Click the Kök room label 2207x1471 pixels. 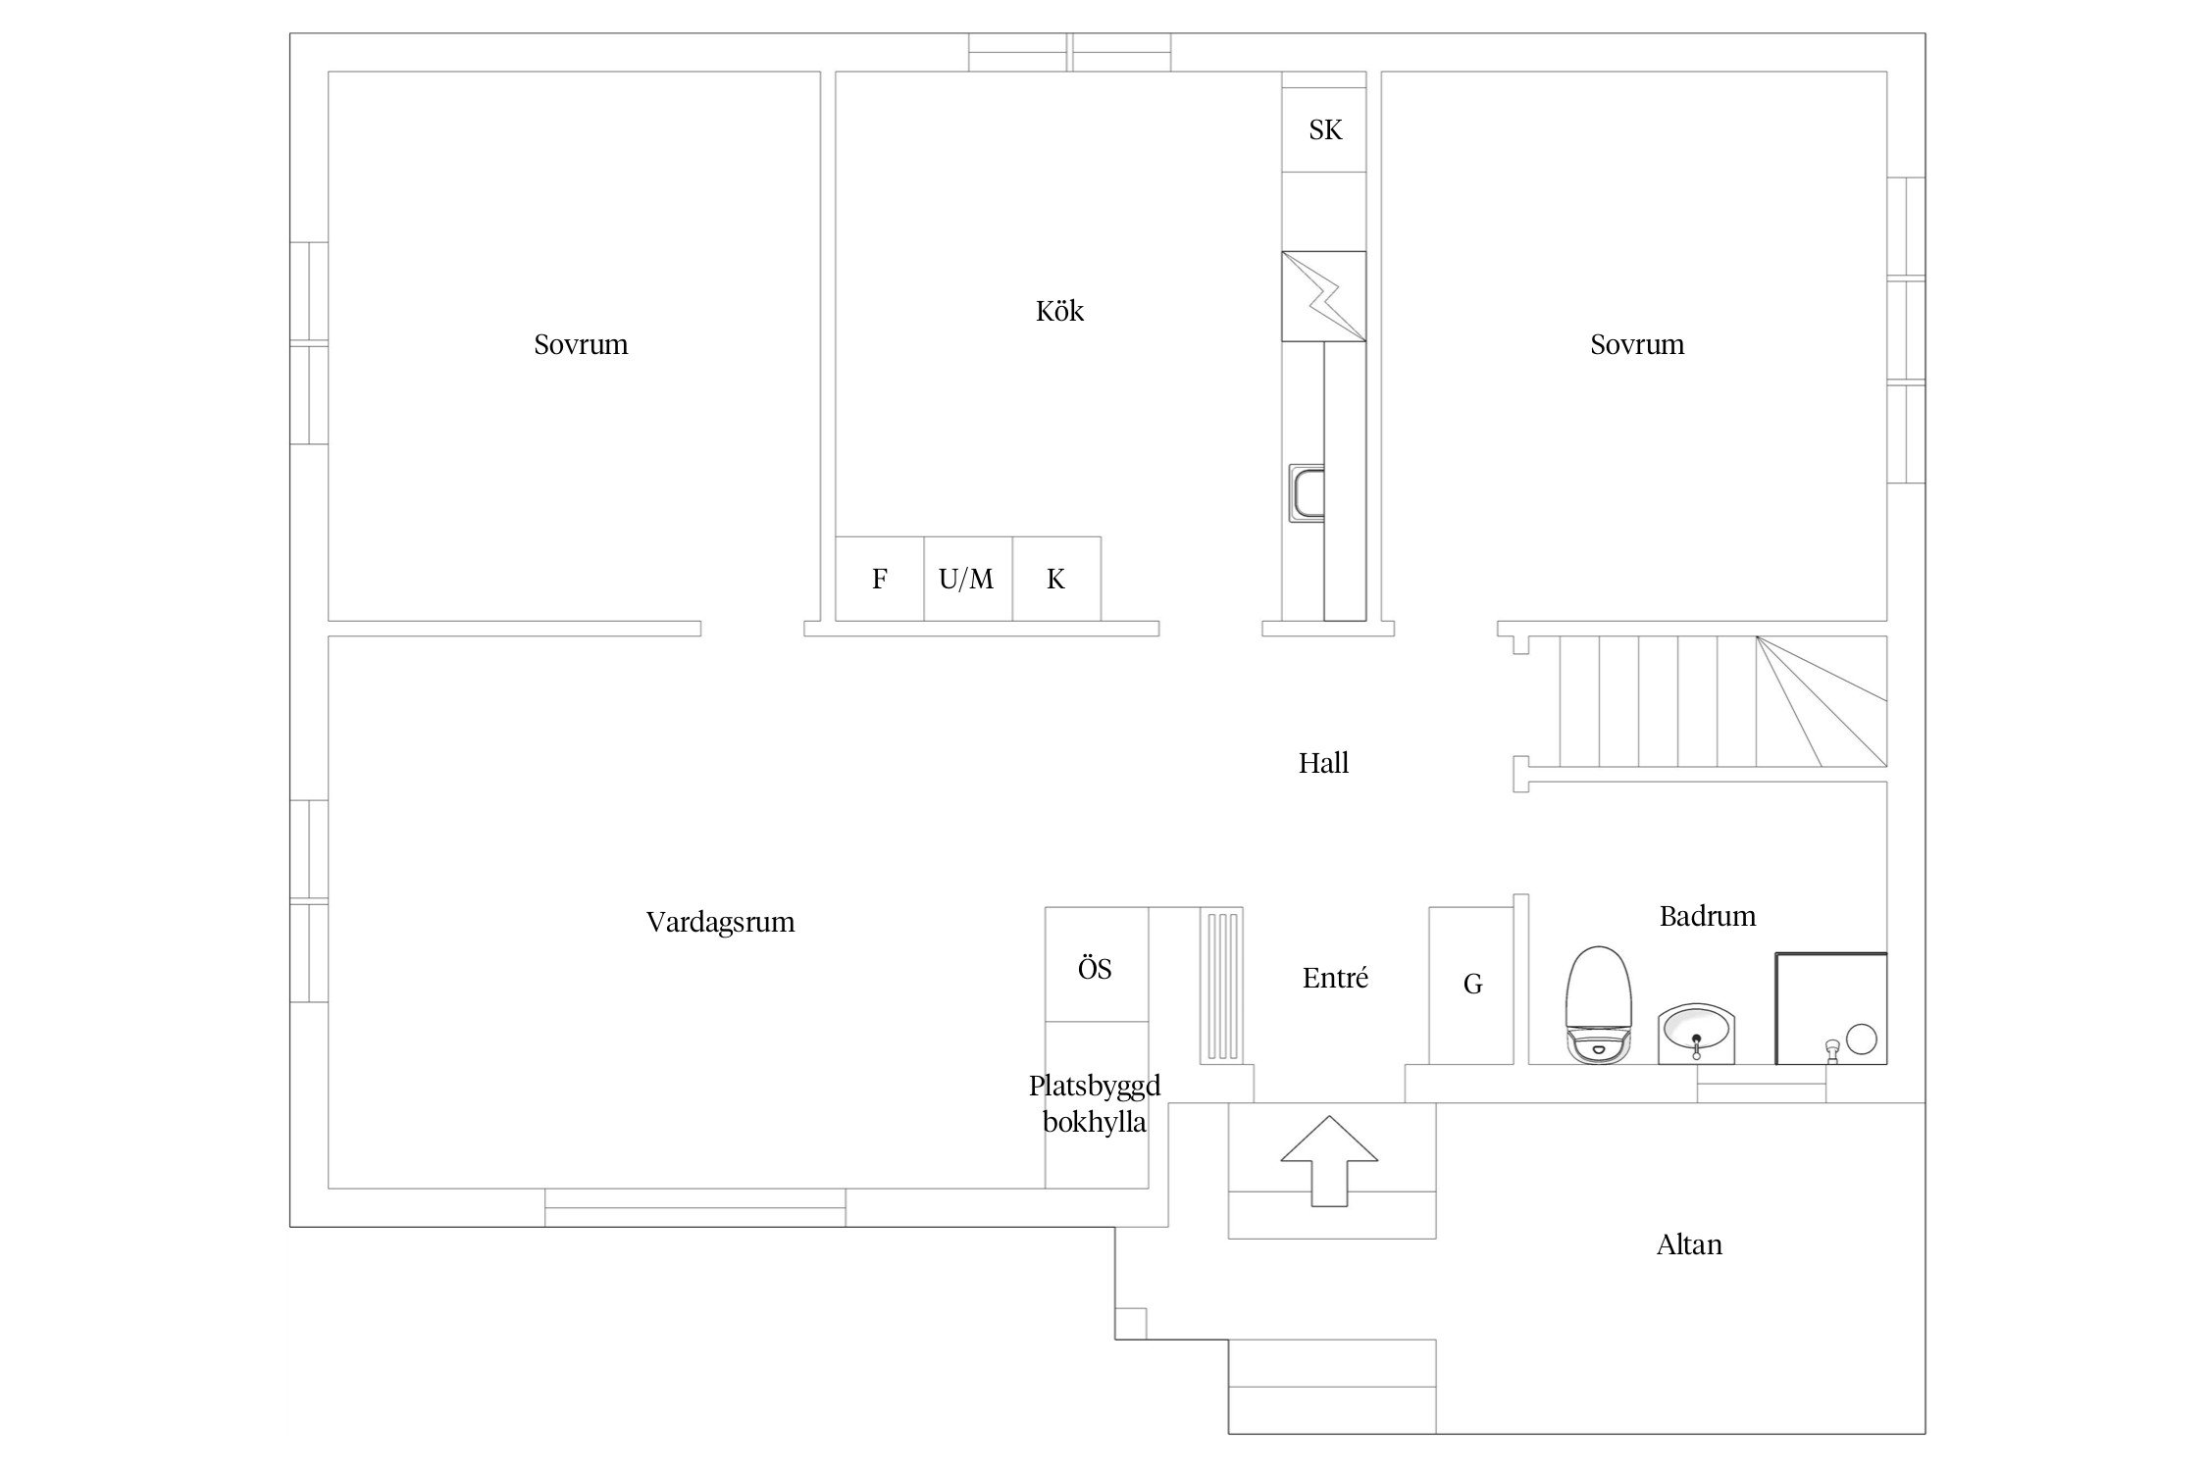[x=1059, y=311]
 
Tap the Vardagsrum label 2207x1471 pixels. [x=720, y=923]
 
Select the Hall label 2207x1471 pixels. [x=1323, y=763]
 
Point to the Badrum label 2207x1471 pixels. [x=1708, y=916]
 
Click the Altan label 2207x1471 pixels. [x=1689, y=1244]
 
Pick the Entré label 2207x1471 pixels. [x=1335, y=978]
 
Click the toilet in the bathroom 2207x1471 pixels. [x=1600, y=1004]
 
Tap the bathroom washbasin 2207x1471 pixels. [x=1697, y=1034]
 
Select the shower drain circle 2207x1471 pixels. [x=1861, y=1039]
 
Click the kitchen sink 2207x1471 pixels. [x=1307, y=493]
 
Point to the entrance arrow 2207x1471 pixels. [x=1329, y=1161]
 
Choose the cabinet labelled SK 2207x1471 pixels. [x=1324, y=130]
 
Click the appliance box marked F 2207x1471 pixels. [x=880, y=579]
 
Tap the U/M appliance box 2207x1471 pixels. [x=968, y=579]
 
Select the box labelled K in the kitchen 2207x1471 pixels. [x=1056, y=579]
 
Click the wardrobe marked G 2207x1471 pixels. [x=1471, y=986]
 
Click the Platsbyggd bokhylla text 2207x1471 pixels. [x=1095, y=1103]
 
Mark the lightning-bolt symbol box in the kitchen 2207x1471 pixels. [x=1324, y=296]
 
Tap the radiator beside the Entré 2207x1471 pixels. [x=1222, y=986]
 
